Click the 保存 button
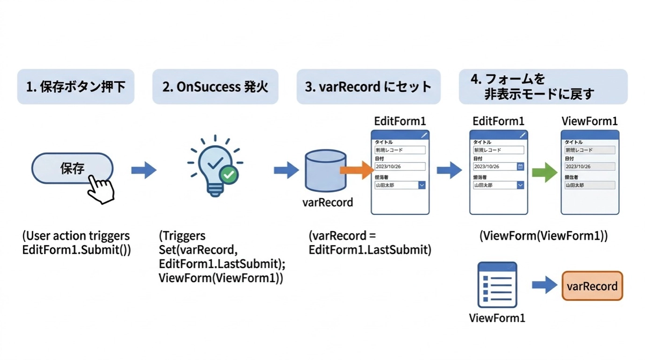pos(71,168)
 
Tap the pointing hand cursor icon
pos(101,189)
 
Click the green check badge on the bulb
pos(230,175)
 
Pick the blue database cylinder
pos(325,171)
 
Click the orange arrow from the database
pos(356,170)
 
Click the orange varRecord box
pos(592,286)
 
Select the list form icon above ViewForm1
pos(497,285)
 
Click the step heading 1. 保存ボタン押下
pos(76,87)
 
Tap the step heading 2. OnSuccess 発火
pos(215,87)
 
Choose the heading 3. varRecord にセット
pos(368,87)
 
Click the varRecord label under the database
pos(328,203)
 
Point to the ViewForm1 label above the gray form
pos(590,121)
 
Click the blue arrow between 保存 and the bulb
pos(144,171)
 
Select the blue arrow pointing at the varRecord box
pos(544,285)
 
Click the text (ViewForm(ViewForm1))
pos(543,236)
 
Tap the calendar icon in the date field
pos(520,167)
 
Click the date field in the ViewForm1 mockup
pos(590,167)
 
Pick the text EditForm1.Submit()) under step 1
pos(76,250)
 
